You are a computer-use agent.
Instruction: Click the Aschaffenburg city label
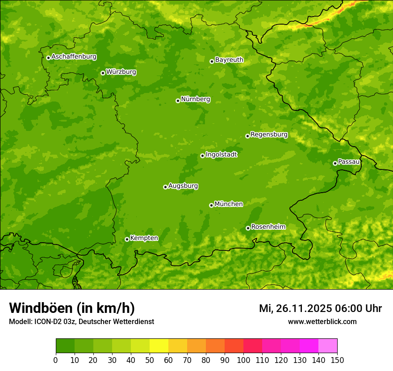74,57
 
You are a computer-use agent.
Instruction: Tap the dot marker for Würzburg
103,73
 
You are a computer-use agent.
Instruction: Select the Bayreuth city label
229,60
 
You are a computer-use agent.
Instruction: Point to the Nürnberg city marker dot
178,101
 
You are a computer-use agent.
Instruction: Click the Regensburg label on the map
269,135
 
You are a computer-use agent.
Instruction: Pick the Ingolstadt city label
221,155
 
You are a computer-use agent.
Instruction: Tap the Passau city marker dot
335,163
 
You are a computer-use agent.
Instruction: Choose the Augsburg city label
183,186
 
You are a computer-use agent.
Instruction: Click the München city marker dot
211,205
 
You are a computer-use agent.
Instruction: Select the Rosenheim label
268,227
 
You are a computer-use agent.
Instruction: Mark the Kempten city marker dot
127,239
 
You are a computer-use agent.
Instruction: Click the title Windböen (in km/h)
72,308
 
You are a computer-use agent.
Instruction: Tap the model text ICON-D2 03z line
81,321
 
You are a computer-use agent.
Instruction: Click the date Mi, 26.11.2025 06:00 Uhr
320,308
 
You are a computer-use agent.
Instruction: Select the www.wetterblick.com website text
322,321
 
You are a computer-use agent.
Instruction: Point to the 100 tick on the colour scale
243,359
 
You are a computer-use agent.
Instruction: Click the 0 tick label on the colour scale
56,359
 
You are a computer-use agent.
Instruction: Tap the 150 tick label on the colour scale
337,359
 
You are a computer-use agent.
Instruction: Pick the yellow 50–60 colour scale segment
159,346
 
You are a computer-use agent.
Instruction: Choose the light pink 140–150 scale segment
328,346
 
